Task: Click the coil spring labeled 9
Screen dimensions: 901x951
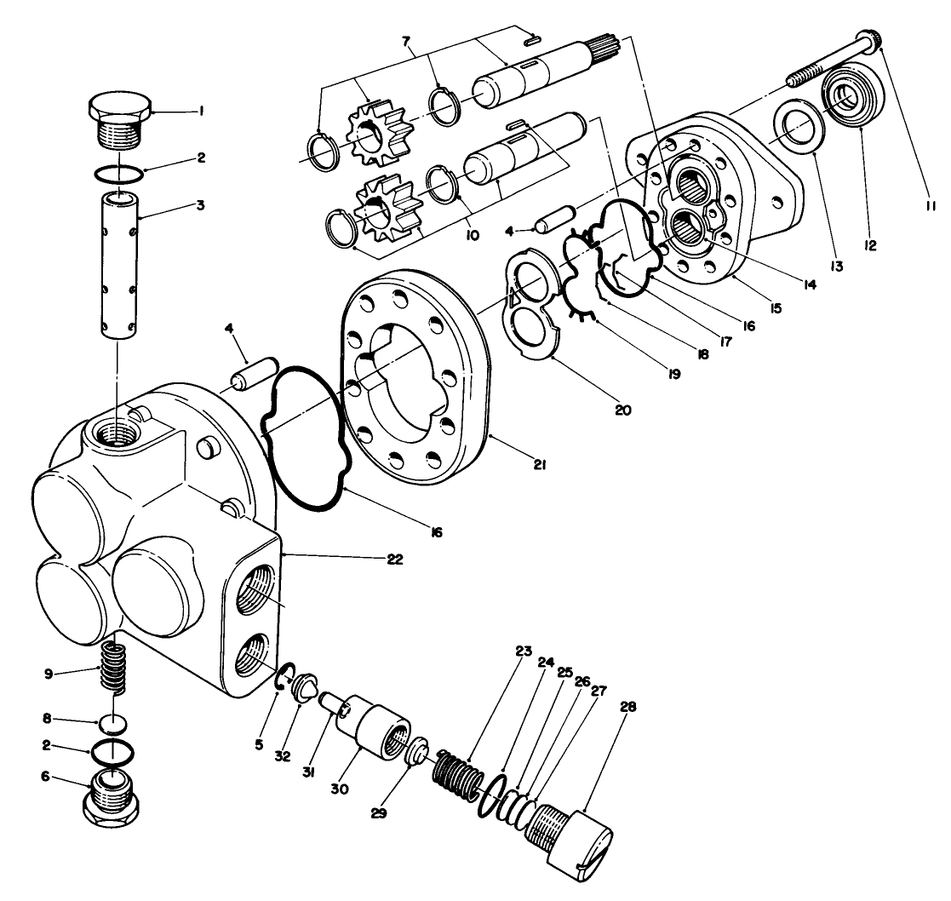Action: (x=120, y=665)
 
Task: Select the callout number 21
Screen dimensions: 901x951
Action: (x=540, y=465)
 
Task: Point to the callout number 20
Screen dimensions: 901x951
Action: (x=622, y=410)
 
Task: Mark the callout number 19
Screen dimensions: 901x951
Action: (x=675, y=373)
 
